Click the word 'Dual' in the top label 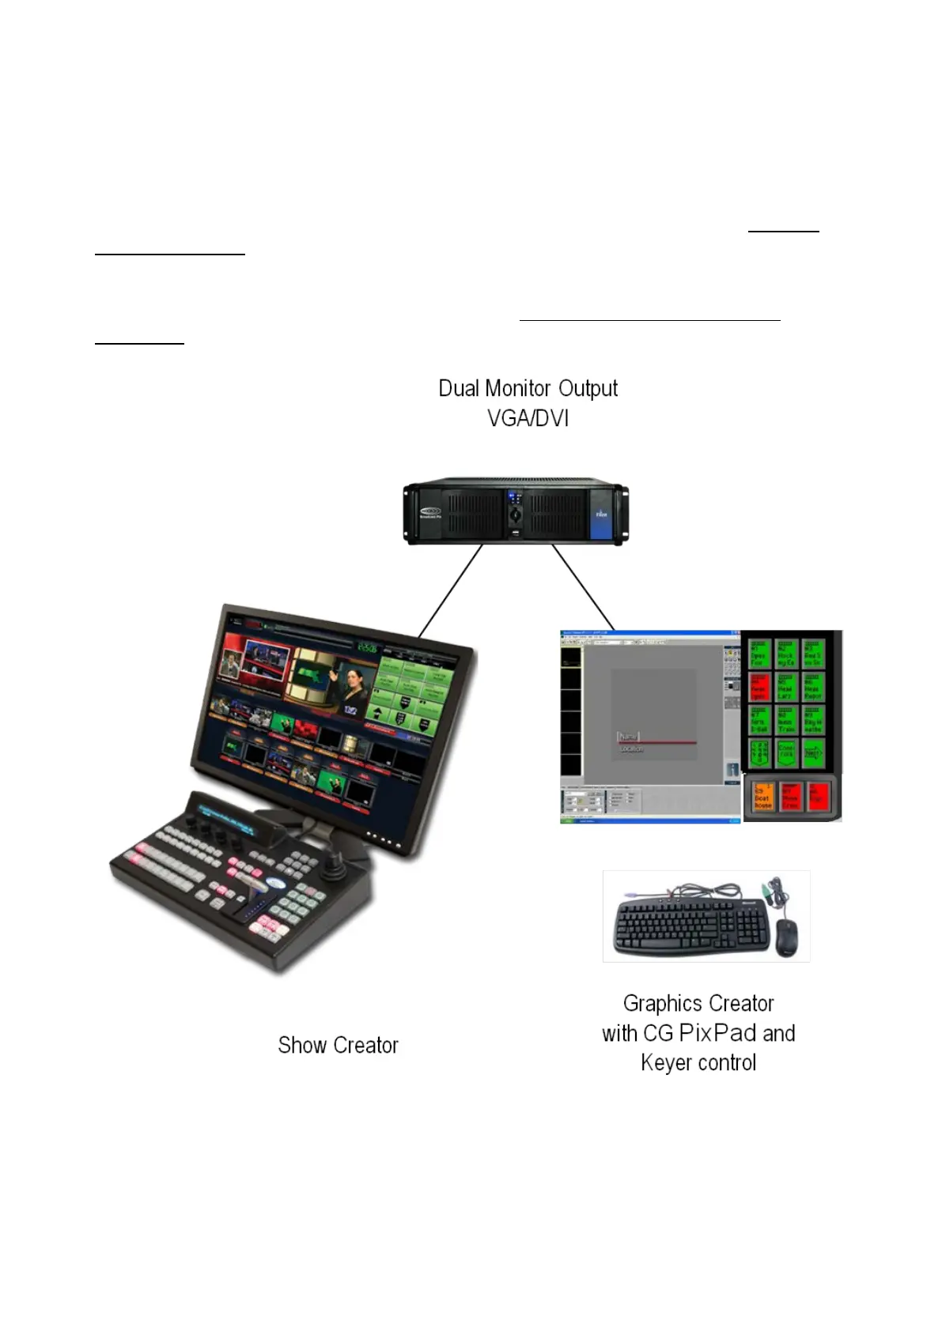point(459,389)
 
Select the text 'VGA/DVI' point(528,418)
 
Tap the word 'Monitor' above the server point(517,389)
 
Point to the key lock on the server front point(515,515)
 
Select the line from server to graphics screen point(583,587)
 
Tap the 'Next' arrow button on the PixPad point(812,754)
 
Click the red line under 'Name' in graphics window point(656,743)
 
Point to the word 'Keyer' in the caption point(664,1063)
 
